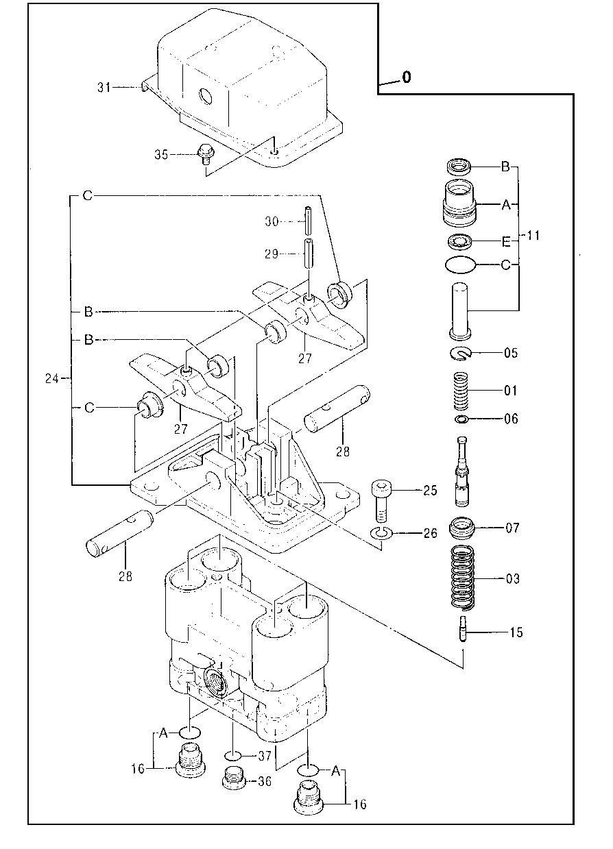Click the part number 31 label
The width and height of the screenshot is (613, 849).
coord(104,87)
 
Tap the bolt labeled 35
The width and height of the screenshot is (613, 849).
coord(204,155)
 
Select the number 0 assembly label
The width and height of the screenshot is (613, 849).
coord(407,78)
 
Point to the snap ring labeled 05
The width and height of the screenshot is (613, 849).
coord(460,353)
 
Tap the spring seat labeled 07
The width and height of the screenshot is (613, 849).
coord(462,528)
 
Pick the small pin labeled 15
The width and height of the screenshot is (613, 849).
coord(462,629)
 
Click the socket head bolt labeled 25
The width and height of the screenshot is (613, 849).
coord(381,500)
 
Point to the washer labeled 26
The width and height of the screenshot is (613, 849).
coord(381,533)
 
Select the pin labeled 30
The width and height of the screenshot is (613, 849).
coord(309,221)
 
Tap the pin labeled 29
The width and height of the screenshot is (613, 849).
coord(309,254)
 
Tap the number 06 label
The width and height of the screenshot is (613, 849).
coord(510,419)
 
